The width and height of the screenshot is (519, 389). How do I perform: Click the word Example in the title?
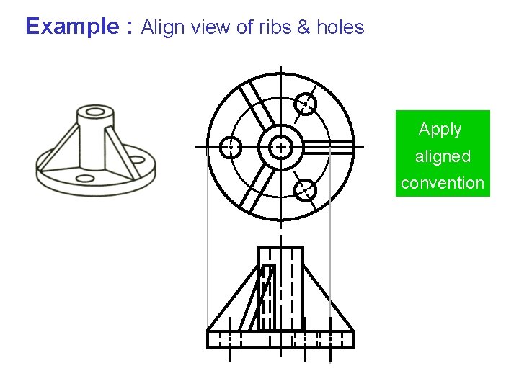click(71, 27)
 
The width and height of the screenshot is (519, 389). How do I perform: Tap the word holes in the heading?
click(340, 28)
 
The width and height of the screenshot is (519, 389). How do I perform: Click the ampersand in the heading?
click(303, 28)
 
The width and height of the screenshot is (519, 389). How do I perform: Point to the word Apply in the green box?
click(440, 130)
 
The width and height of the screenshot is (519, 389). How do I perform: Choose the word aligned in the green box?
click(443, 156)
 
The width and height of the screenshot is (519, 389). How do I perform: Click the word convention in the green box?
click(443, 183)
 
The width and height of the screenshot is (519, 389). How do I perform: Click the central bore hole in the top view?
click(280, 147)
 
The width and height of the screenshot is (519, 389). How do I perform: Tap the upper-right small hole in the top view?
click(306, 104)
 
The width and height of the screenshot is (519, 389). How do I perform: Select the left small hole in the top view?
click(231, 147)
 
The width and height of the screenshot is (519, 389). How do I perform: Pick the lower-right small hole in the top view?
click(305, 190)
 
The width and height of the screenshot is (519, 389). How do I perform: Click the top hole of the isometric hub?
click(93, 112)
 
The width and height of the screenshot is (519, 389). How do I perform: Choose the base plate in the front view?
click(280, 339)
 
